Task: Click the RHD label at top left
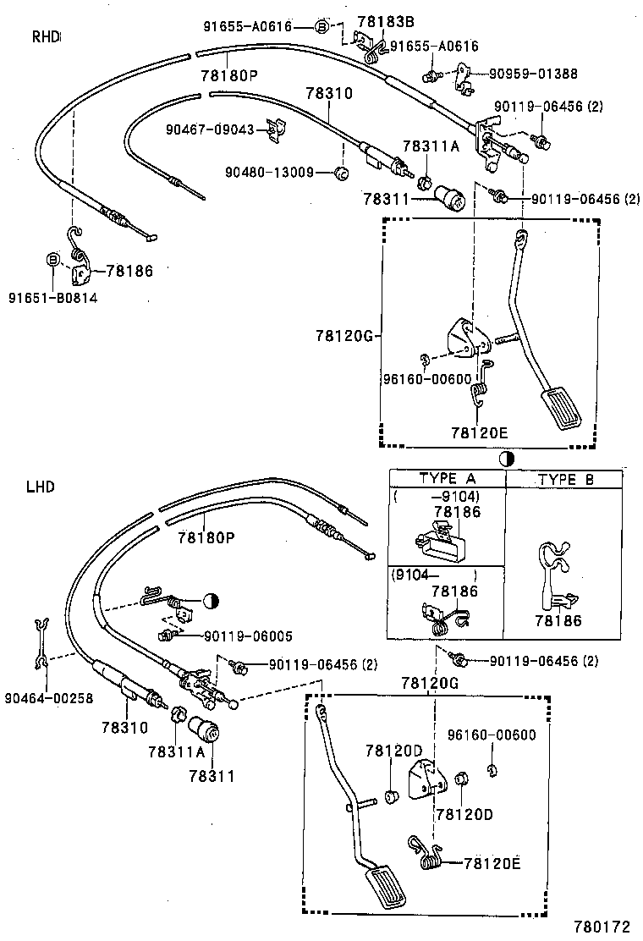[46, 36]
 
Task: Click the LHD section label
[40, 487]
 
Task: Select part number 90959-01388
[533, 74]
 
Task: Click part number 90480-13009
[269, 173]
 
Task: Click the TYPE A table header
[447, 479]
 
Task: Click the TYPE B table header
[565, 479]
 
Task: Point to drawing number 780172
[602, 927]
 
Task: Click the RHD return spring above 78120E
[481, 386]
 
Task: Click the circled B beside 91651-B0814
[52, 259]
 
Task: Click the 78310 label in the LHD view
[125, 727]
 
